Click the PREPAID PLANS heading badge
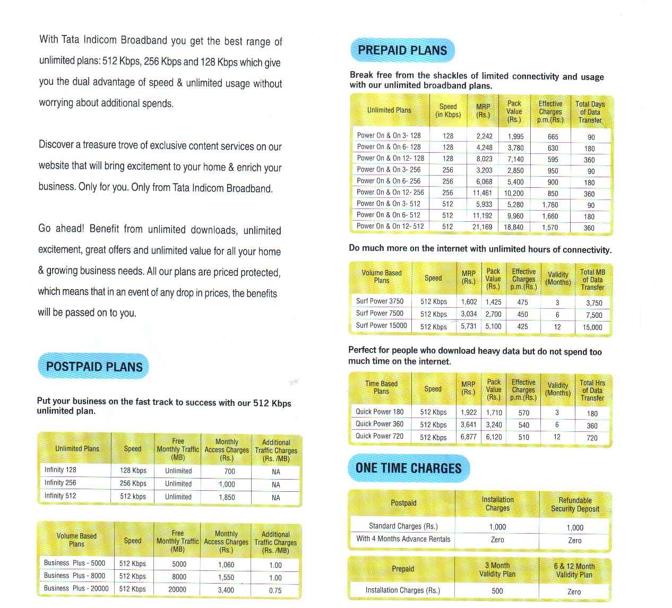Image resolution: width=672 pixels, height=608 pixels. coord(402,50)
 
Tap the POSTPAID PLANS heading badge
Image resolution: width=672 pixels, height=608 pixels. coord(94,367)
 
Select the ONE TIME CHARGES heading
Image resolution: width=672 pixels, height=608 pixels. coord(409,468)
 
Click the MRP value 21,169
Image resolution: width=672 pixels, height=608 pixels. coord(482,227)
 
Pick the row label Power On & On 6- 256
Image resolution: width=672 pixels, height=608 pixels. coord(389,181)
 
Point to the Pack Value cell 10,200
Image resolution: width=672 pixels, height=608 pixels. coord(513,194)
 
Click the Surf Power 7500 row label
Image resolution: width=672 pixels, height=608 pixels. coord(380,313)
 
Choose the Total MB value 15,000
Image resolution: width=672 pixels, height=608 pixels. coord(592,327)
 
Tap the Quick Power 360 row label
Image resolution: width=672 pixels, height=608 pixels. coord(380,424)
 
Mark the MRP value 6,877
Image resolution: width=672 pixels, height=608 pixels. coord(468,437)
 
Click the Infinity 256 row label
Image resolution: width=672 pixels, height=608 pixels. coord(61,483)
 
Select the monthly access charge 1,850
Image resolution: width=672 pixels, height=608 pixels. coord(227,497)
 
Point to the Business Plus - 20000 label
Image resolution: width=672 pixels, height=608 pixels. coord(76,588)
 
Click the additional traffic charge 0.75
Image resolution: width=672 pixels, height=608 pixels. coord(275,590)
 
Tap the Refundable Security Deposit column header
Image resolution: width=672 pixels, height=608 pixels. coord(575,504)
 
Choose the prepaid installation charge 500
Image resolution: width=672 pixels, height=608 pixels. coord(497,590)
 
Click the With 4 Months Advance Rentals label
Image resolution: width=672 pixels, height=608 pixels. coord(403,539)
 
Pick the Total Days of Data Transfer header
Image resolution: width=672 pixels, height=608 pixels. coord(590,112)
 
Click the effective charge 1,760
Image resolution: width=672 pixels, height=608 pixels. coord(550,205)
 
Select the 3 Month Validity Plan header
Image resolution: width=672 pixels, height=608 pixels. coord(497,569)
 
